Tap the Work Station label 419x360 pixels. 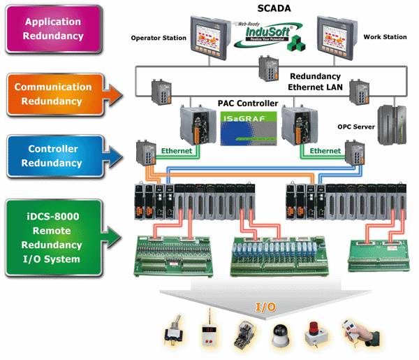384,37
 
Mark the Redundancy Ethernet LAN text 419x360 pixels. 314,81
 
